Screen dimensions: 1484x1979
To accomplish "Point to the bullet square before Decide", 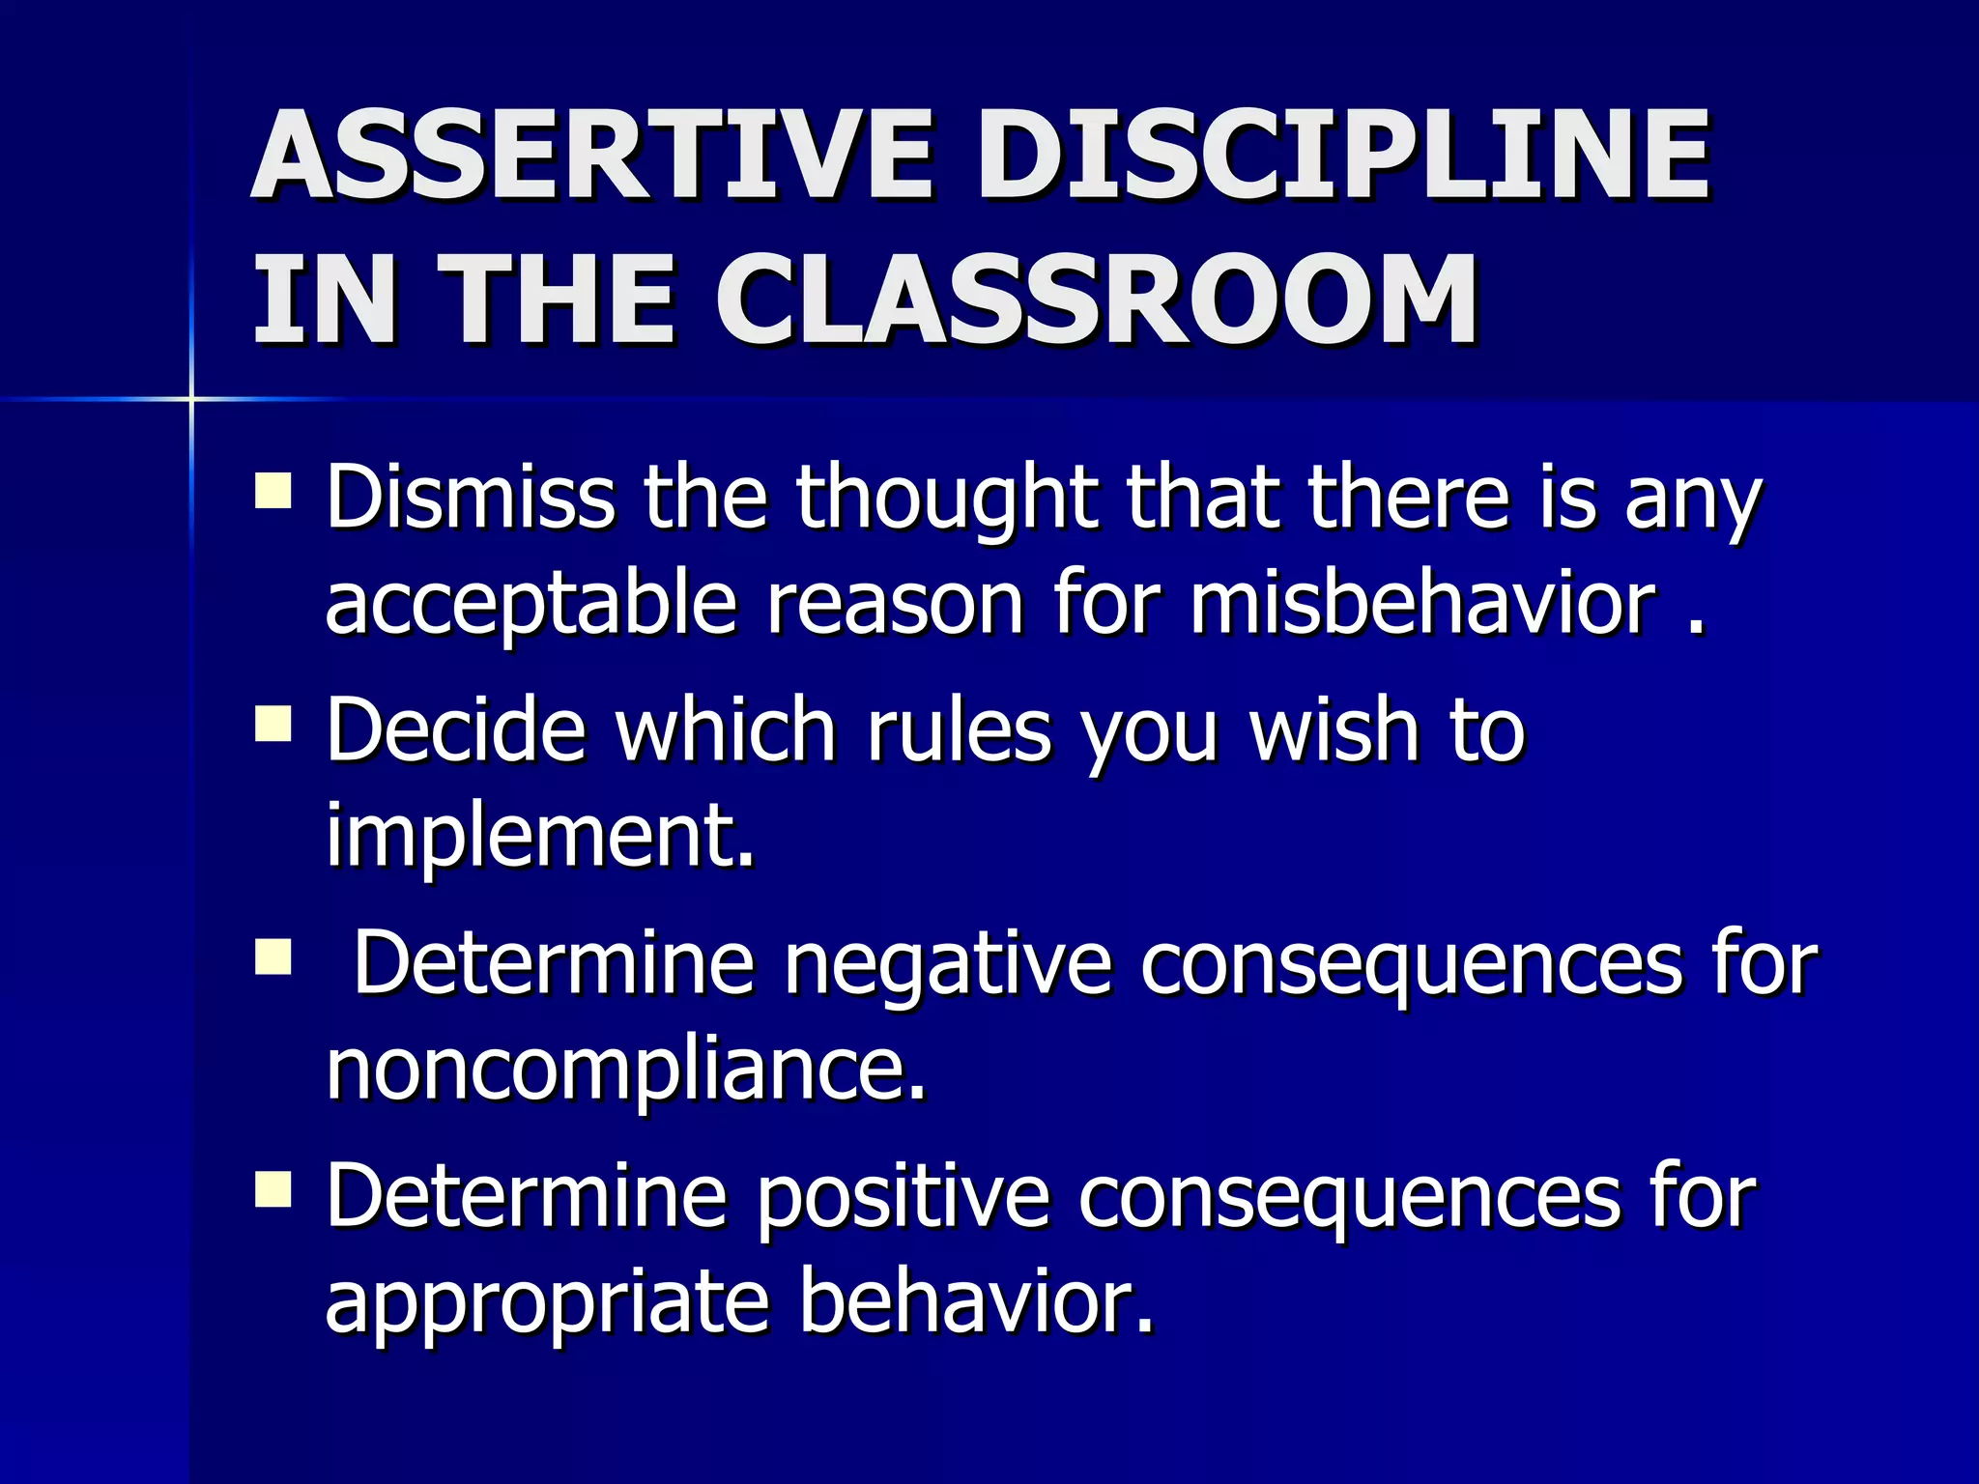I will tap(273, 723).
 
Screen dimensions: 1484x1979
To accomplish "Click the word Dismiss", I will tap(470, 498).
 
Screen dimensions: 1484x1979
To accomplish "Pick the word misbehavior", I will tap(1422, 604).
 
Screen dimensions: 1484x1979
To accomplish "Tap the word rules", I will tap(959, 731).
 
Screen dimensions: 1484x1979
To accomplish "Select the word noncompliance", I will tap(624, 1070).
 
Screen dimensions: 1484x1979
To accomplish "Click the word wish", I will tap(1334, 731).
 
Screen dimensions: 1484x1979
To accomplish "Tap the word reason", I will tap(895, 606).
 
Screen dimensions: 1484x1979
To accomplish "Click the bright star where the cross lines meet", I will tap(191, 398).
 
